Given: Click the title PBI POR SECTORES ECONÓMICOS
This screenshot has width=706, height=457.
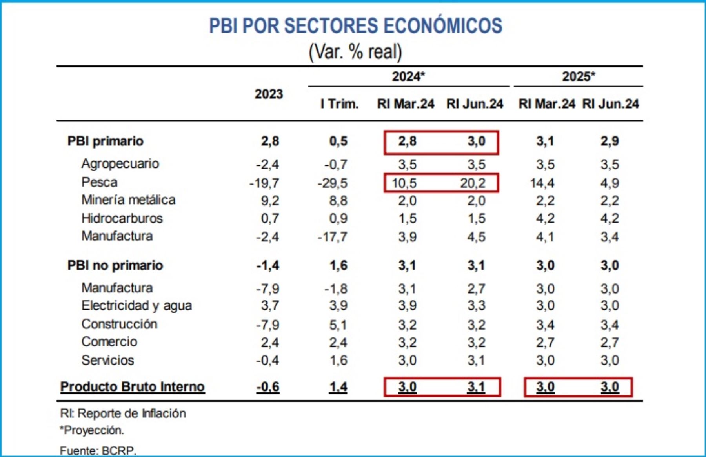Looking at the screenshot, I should [355, 26].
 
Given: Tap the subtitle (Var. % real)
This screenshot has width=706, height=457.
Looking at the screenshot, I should [355, 52].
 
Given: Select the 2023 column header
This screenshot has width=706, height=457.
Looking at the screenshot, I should [269, 94].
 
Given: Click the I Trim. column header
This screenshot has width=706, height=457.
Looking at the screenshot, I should [339, 104].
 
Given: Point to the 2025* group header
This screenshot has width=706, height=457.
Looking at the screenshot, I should [579, 76].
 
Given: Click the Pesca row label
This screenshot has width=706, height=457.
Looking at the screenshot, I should [99, 182].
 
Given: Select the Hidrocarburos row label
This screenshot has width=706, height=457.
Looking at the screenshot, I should [122, 218].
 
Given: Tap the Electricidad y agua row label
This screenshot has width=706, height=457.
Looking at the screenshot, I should [136, 306].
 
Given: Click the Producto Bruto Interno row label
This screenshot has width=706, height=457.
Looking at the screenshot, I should [132, 387].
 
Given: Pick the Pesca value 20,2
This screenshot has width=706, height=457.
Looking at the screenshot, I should [473, 183].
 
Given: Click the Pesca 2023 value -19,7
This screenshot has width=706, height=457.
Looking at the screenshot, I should [264, 183].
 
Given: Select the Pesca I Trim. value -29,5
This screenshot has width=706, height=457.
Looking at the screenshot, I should [333, 183].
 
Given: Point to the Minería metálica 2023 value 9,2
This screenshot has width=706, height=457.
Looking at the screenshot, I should [270, 201].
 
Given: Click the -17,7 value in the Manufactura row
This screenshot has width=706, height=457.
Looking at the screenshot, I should [333, 237].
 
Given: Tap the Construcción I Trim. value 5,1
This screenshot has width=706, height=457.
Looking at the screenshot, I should [338, 325].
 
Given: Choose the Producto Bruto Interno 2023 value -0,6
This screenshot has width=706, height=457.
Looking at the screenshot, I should [268, 387].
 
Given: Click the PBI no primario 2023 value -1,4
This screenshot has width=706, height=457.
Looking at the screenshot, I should [268, 265].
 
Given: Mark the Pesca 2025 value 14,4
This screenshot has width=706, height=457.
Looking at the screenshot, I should [542, 183].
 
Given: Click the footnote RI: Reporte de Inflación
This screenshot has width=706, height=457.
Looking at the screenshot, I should [123, 413].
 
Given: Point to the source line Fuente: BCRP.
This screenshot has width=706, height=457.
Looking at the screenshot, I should [98, 450].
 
